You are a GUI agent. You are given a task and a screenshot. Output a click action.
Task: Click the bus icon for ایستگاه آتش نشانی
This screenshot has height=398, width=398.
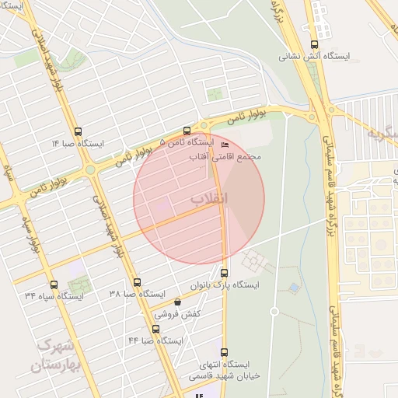[x=314, y=44]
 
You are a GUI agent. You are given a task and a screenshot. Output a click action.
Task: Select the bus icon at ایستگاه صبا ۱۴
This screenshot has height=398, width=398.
[x=77, y=131]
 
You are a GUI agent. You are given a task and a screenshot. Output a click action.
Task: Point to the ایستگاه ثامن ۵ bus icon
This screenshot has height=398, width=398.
[x=187, y=131]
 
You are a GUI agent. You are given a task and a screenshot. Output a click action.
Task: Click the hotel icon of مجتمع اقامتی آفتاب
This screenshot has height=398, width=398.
[x=225, y=145]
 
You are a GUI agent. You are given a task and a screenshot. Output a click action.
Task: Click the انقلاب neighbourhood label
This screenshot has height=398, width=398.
[x=211, y=199]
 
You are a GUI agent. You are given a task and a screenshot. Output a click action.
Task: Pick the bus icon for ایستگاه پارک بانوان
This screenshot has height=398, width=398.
[x=225, y=273]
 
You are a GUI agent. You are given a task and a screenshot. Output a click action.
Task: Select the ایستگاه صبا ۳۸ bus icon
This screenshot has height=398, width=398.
[x=138, y=282]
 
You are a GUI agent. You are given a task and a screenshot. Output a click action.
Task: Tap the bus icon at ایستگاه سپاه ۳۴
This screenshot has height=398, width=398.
[x=54, y=284]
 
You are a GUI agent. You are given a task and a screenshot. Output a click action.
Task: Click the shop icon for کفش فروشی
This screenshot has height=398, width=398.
[x=177, y=302]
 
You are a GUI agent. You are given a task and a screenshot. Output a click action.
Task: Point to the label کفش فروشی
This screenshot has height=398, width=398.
[x=178, y=314]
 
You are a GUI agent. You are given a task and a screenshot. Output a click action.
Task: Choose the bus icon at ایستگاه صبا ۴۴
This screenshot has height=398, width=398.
[x=145, y=329]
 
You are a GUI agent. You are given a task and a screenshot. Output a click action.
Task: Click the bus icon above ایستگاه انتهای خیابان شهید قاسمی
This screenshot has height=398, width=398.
[x=225, y=352]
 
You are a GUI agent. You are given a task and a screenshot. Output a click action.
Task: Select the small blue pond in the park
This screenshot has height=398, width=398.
[x=294, y=288]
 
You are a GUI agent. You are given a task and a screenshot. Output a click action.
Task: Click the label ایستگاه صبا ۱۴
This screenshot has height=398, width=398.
[x=78, y=144]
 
